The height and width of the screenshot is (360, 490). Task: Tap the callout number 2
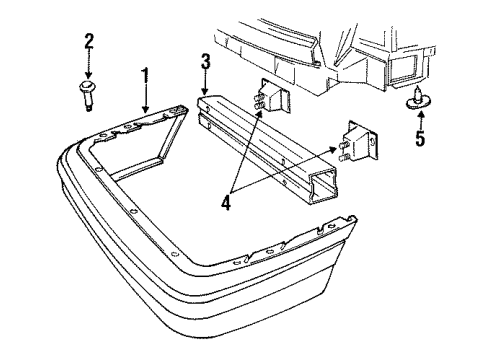pos(88,41)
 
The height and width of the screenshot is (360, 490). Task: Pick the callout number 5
pos(420,138)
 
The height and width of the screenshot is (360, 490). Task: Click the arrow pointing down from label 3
pos(204,81)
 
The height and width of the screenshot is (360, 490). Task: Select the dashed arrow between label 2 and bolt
pos(88,65)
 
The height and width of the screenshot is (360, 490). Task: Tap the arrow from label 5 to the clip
pos(418,117)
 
